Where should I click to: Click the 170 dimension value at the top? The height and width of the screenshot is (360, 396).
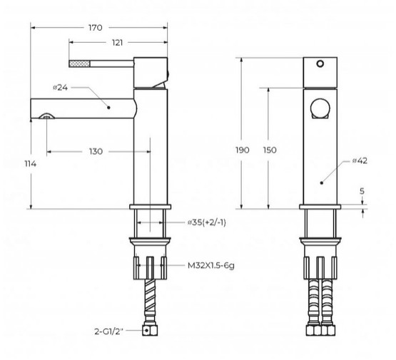tap(96, 28)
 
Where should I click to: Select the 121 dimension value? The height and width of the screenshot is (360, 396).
tap(117, 43)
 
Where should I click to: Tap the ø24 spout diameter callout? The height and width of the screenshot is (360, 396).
tap(61, 88)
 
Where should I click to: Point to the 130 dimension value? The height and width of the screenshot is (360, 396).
tap(96, 152)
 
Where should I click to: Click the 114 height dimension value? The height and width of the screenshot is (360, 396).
tap(30, 164)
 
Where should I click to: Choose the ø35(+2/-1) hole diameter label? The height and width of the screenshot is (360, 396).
tap(207, 222)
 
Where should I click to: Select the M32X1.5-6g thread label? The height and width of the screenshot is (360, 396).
tap(211, 265)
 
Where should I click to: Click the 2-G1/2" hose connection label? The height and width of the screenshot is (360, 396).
tap(109, 331)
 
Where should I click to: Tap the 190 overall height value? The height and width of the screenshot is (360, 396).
tap(243, 150)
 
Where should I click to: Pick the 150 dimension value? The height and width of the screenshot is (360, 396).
tap(270, 150)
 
